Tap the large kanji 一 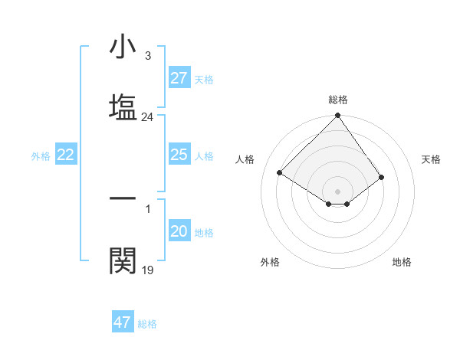pyautogui.click(x=123, y=198)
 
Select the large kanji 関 pyautogui.click(x=123, y=260)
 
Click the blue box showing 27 pyautogui.click(x=179, y=78)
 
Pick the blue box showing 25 pyautogui.click(x=179, y=155)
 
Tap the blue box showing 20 pyautogui.click(x=179, y=231)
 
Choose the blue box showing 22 pyautogui.click(x=66, y=155)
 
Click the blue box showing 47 pyautogui.click(x=123, y=322)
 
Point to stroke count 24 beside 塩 pyautogui.click(x=148, y=118)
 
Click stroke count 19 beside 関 pyautogui.click(x=148, y=270)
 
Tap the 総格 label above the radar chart pyautogui.click(x=338, y=100)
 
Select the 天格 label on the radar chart pyautogui.click(x=432, y=159)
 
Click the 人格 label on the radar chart pyautogui.click(x=245, y=159)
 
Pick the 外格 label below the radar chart pyautogui.click(x=270, y=262)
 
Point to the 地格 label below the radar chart pyautogui.click(x=402, y=262)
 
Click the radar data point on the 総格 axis pyautogui.click(x=337, y=116)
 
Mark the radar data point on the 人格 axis pyautogui.click(x=280, y=173)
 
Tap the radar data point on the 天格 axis pyautogui.click(x=382, y=177)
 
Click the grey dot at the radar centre pyautogui.click(x=337, y=191)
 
